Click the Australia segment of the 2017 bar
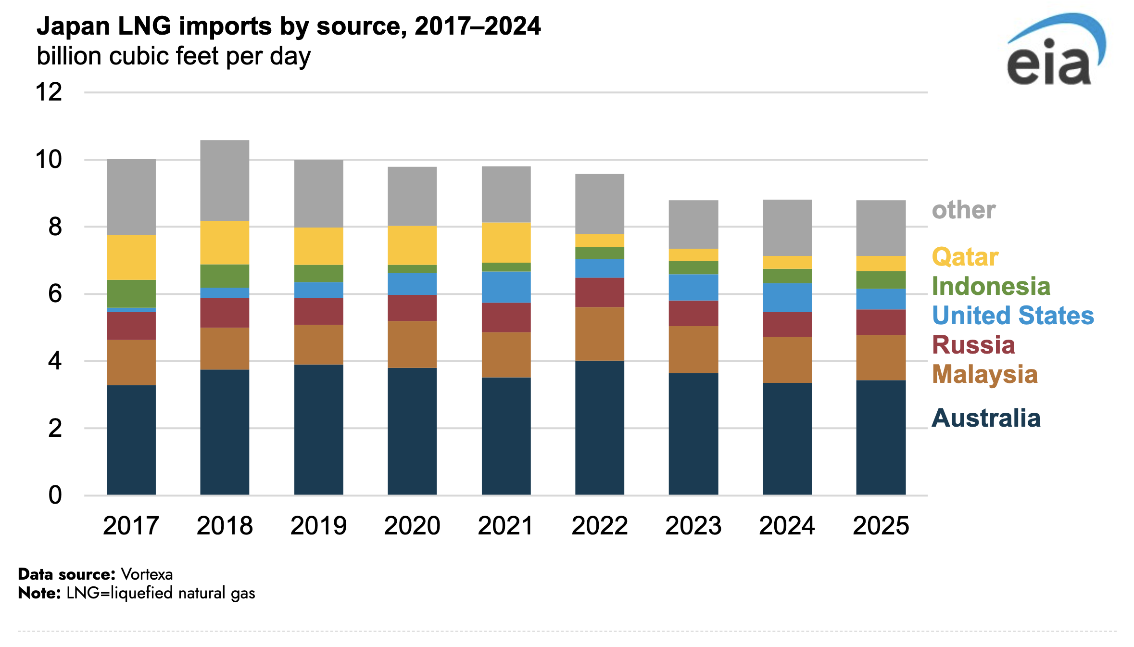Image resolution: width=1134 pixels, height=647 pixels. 131,440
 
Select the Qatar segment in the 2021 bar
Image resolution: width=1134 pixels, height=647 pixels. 506,242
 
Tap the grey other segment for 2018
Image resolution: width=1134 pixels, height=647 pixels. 225,180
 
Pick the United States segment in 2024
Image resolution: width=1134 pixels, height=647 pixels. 787,298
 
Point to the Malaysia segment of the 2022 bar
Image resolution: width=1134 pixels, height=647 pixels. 600,334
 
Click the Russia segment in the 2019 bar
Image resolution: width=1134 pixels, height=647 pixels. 318,311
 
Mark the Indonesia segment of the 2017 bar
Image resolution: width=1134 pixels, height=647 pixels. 131,293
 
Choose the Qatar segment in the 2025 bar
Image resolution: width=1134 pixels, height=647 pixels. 881,263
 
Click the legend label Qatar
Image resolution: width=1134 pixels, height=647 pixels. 965,257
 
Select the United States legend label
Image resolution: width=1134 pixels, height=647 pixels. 1012,316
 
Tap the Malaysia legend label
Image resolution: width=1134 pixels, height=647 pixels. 984,374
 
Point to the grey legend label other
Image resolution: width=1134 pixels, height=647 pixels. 963,210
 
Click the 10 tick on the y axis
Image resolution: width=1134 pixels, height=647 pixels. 49,160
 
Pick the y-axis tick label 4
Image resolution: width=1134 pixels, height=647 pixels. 55,361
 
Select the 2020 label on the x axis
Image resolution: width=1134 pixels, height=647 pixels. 412,525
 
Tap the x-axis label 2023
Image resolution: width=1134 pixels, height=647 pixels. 693,525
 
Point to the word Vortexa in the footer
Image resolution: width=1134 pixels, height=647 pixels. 147,574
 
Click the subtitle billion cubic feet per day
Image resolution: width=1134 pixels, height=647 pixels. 174,56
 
